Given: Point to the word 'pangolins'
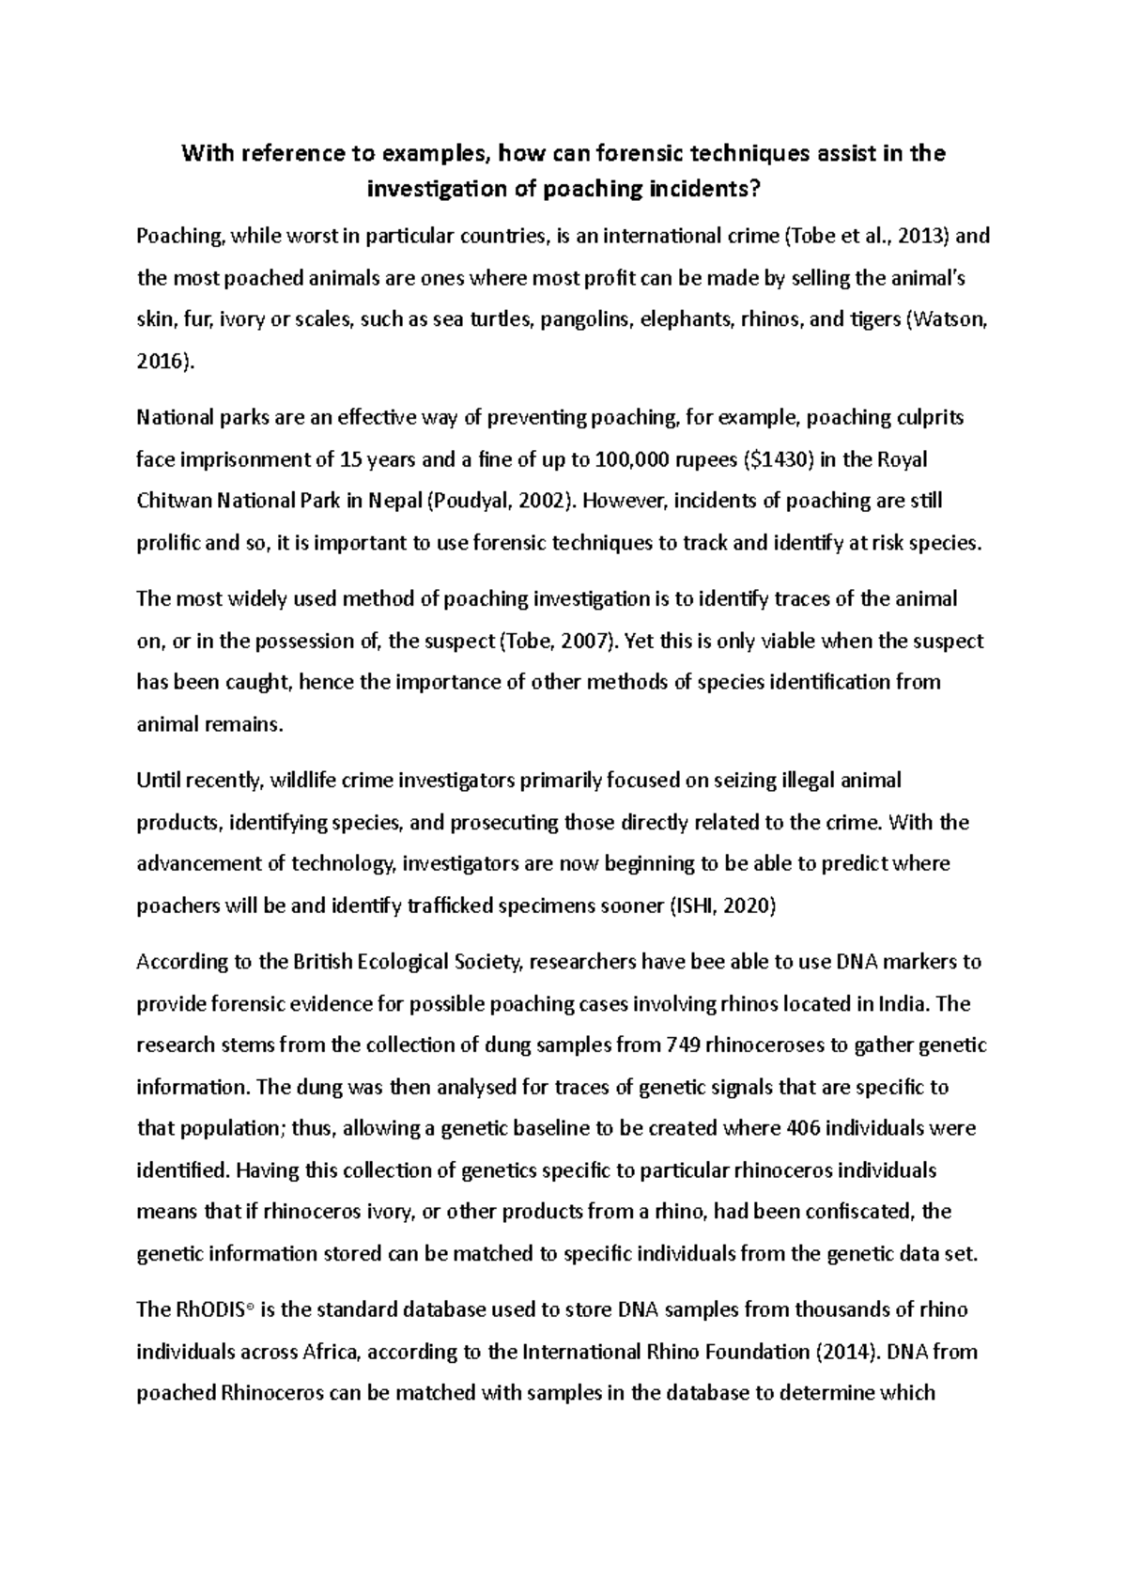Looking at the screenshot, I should click(x=584, y=319).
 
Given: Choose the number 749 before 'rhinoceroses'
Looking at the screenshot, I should click(x=682, y=1045).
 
